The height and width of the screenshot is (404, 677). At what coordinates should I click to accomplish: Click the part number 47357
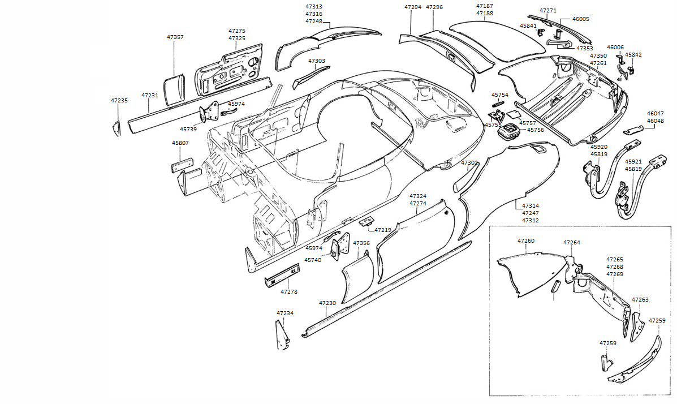(x=175, y=37)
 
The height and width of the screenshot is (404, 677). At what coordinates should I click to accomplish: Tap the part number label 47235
(x=119, y=100)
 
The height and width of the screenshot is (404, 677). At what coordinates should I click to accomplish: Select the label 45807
(x=180, y=143)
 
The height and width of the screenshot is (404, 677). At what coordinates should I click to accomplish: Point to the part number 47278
(x=288, y=292)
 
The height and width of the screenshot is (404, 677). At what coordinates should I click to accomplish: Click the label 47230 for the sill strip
(x=327, y=303)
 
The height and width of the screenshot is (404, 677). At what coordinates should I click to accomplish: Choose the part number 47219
(x=383, y=230)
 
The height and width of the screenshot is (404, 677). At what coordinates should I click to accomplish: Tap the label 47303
(x=316, y=61)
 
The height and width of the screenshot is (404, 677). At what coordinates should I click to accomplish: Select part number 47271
(x=547, y=11)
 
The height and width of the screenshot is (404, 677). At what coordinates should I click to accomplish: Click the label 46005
(x=580, y=19)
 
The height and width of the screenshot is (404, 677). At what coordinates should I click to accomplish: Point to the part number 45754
(x=499, y=95)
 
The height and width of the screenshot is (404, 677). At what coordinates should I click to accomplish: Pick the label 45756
(x=536, y=130)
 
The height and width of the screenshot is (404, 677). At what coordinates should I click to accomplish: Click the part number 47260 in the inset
(x=525, y=241)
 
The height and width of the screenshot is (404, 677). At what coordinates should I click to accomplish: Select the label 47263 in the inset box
(x=640, y=299)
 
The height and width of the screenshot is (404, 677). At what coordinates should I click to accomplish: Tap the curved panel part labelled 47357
(x=174, y=88)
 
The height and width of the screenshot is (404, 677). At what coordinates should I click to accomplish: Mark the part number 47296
(x=434, y=7)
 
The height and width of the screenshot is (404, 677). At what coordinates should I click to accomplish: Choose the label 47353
(x=584, y=49)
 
